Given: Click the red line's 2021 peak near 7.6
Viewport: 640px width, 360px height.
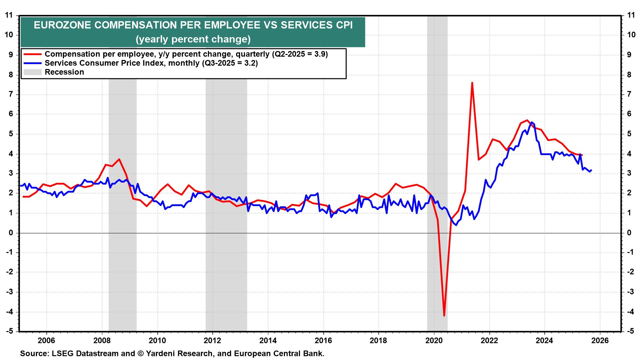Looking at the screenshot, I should point(472,83).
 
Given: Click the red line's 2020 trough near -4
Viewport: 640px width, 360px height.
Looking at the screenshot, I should point(444,315).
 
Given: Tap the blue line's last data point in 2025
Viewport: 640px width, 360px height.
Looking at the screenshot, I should point(591,170).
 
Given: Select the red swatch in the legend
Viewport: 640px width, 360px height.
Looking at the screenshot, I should point(32,54).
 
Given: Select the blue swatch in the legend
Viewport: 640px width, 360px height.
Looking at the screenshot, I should point(32,63).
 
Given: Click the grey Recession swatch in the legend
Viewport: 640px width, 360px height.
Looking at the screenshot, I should point(32,72).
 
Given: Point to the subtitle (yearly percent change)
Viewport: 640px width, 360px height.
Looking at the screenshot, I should point(193,39).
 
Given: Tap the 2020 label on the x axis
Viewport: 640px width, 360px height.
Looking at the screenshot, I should point(434,341).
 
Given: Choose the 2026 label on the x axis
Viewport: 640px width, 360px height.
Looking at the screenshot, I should point(600,341).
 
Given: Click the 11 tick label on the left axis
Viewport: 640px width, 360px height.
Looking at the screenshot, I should point(9,15).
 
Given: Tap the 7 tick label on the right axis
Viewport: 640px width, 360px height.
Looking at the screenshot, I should point(629,94).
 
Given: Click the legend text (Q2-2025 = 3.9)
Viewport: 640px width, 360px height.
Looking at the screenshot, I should point(300,54).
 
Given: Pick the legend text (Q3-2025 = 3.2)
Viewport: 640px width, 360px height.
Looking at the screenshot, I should point(230,63).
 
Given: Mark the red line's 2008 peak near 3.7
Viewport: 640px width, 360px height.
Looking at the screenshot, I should point(119,159).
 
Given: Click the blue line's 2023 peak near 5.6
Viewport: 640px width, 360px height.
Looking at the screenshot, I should point(531,122).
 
